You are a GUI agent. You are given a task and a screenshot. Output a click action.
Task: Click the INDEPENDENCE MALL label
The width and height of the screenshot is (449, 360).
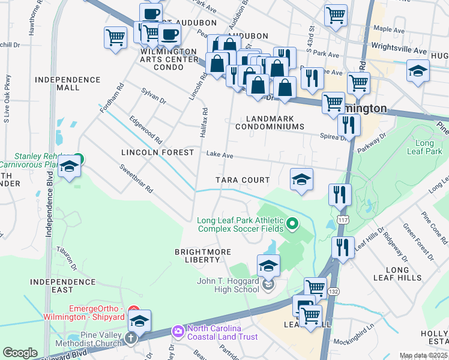coord(67,83)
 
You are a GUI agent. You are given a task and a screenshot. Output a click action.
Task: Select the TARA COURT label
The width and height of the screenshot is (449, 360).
coord(243,180)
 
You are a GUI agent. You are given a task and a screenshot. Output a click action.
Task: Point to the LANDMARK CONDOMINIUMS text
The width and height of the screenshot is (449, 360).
coord(270,122)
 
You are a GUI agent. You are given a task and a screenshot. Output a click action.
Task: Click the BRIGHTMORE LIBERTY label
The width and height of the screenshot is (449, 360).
coord(197,255)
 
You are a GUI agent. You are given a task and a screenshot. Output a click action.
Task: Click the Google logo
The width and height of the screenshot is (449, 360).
coord(20,353)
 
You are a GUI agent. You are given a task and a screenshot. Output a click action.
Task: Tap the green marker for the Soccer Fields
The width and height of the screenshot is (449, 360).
coord(292,224)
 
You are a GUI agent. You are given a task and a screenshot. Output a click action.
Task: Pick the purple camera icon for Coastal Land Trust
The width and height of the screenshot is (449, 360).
coord(178,331)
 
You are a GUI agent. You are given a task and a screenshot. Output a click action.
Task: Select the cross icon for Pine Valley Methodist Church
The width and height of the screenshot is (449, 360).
coord(131,338)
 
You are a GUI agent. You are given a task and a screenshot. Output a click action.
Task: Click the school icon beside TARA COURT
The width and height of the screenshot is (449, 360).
coord(301,179)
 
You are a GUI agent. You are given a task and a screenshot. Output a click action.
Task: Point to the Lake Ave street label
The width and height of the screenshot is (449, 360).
coord(220,154)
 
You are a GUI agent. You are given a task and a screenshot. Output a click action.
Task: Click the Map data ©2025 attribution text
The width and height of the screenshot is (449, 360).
coord(424,356)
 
